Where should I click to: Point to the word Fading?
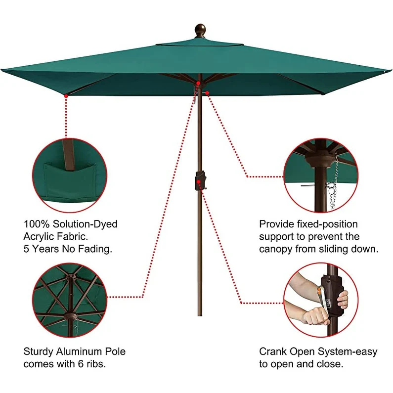tap(95, 249)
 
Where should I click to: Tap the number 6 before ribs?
tap(87, 364)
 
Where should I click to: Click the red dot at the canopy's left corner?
tap(66, 95)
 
